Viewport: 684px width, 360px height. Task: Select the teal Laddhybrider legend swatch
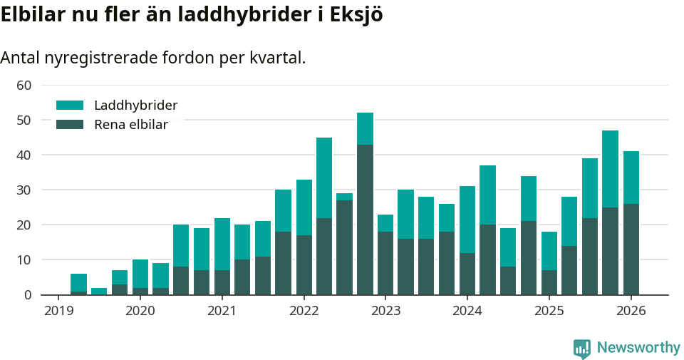[x=70, y=106]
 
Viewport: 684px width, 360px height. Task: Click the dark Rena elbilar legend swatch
[x=70, y=125]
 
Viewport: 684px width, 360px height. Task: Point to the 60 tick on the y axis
[x=24, y=86]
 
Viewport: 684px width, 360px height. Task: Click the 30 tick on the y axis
[x=24, y=190]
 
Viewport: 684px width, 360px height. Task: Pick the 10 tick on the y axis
[x=24, y=260]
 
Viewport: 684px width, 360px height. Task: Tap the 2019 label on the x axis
[x=58, y=311]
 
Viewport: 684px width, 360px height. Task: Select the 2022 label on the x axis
[x=304, y=311]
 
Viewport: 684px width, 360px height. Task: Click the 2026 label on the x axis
[x=631, y=311]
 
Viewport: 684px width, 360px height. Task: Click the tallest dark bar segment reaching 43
[x=365, y=220]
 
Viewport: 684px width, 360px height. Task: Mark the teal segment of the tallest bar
[x=365, y=128]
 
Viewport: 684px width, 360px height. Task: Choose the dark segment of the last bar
[x=631, y=250]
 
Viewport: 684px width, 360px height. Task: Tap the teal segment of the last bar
[x=631, y=178]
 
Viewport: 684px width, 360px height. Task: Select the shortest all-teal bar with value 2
[x=99, y=292]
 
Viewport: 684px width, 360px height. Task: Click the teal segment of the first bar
[x=78, y=282]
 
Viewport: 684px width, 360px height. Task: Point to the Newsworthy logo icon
[x=582, y=349]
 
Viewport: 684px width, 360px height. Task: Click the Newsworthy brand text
[x=638, y=348]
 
